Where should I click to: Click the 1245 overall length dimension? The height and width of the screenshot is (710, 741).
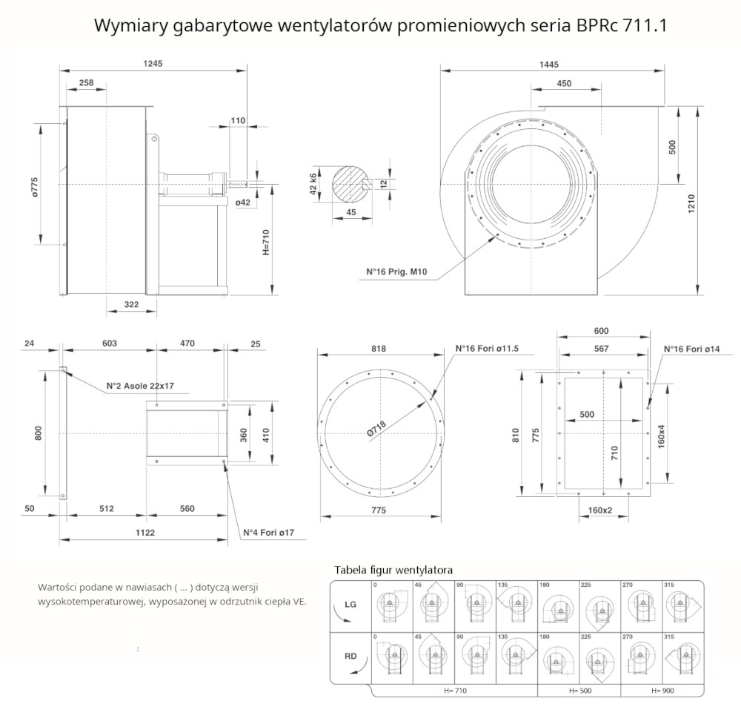(x=153, y=65)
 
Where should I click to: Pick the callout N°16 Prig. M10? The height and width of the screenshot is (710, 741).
(x=396, y=272)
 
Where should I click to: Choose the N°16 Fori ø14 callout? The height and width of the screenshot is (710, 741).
(x=691, y=349)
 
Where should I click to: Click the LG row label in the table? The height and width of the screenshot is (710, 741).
(x=351, y=605)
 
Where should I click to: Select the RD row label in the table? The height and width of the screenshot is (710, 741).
(x=351, y=655)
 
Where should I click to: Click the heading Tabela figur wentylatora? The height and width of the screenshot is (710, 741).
(x=393, y=570)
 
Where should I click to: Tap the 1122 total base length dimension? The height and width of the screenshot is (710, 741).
(x=144, y=532)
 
